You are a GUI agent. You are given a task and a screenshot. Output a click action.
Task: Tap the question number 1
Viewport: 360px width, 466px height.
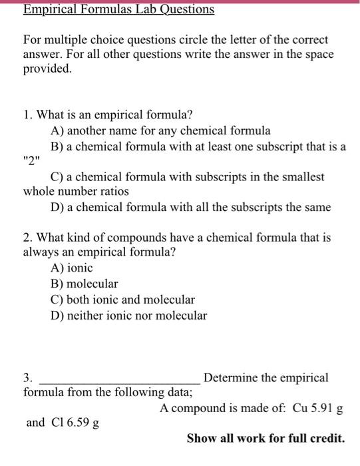(27, 115)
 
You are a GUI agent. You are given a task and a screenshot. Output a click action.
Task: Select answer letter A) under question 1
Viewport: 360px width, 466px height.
(57, 130)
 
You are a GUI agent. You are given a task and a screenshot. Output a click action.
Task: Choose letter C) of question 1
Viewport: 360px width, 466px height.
(57, 177)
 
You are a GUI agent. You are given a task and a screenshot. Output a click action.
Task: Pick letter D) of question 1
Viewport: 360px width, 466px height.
(57, 207)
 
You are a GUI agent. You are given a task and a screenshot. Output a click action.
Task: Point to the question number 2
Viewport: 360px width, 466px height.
(27, 237)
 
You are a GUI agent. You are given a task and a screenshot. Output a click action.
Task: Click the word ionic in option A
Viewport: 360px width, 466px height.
(79, 268)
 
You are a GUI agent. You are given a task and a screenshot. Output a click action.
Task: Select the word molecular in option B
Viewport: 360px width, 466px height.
(92, 284)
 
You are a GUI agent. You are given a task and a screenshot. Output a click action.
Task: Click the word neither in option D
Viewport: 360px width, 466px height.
(87, 316)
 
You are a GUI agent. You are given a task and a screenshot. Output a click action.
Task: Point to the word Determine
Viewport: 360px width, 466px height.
(230, 378)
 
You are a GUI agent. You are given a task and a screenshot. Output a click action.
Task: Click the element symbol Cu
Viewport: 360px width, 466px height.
(299, 408)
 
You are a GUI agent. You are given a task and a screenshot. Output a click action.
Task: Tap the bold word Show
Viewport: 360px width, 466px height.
(200, 438)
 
